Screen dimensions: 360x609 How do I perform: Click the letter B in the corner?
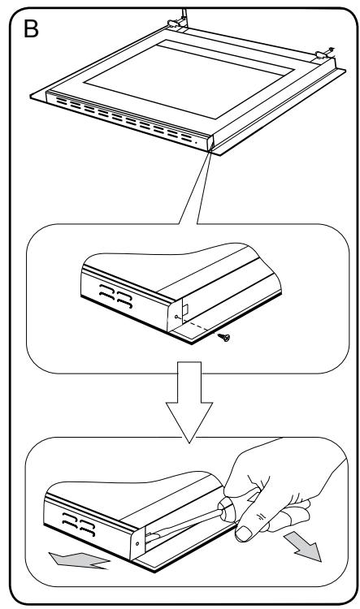point(31,28)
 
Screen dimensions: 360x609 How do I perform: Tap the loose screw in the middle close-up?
point(224,337)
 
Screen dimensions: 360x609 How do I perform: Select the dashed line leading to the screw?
point(198,325)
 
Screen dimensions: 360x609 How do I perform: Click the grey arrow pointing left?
point(80,560)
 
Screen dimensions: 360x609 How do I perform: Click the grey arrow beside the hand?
point(304,546)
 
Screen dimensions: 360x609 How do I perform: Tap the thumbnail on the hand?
point(244,533)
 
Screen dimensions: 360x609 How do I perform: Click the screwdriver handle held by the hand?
point(228,508)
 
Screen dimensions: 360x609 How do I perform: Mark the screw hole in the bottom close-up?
point(137,542)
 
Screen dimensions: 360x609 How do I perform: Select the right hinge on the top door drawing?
point(323,54)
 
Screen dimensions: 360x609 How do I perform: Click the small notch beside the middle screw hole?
point(186,309)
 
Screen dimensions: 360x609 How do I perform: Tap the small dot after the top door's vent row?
point(196,143)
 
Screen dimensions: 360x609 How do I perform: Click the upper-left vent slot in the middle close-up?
point(106,287)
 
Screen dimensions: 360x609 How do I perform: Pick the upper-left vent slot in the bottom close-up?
point(70,516)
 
